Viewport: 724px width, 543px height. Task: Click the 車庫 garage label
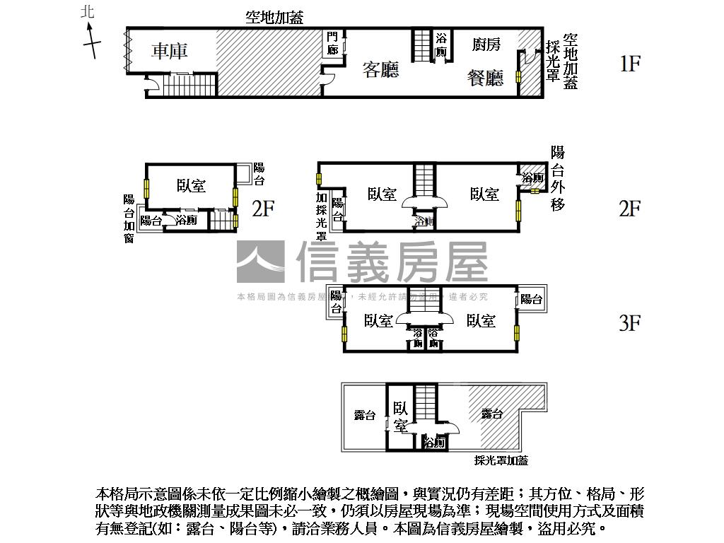pyautogui.click(x=170, y=51)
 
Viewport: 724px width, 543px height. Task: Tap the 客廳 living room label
pyautogui.click(x=380, y=69)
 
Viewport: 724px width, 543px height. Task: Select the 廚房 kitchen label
pyautogui.click(x=486, y=45)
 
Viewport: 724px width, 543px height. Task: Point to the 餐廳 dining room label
pyautogui.click(x=485, y=77)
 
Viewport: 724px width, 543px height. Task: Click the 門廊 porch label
pyautogui.click(x=333, y=43)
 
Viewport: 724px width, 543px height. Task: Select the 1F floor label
pyautogui.click(x=629, y=64)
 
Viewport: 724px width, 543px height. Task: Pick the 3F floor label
pyautogui.click(x=629, y=323)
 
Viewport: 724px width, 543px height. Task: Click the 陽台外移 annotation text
pyautogui.click(x=558, y=178)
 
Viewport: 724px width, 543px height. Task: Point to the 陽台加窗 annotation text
pyautogui.click(x=129, y=219)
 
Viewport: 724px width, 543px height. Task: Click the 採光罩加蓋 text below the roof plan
pyautogui.click(x=501, y=461)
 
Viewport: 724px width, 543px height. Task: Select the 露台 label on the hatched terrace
pyautogui.click(x=491, y=414)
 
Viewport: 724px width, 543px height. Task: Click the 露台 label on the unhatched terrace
pyautogui.click(x=365, y=416)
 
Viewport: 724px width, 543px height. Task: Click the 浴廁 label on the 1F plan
pyautogui.click(x=442, y=45)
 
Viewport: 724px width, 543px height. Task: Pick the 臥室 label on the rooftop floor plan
pyautogui.click(x=400, y=416)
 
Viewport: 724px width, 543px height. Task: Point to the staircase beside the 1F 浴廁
pyautogui.click(x=421, y=46)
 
